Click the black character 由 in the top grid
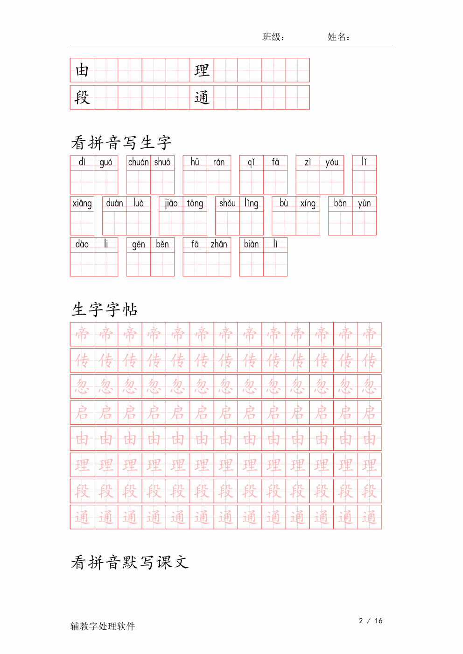pos(82,70)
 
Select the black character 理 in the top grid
pos(202,70)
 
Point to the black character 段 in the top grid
pos(82,97)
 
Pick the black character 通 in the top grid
pos(202,97)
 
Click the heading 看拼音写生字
pos(121,143)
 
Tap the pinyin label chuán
pos(139,162)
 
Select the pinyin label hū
pos(195,162)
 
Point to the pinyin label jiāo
pos(171,203)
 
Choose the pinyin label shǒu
pos(227,203)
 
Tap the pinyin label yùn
pos(365,203)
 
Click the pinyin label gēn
pos(139,244)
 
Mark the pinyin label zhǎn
pos(219,244)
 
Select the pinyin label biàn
pos(252,244)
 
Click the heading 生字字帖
pos(105,310)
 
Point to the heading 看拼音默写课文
pos(130,562)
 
